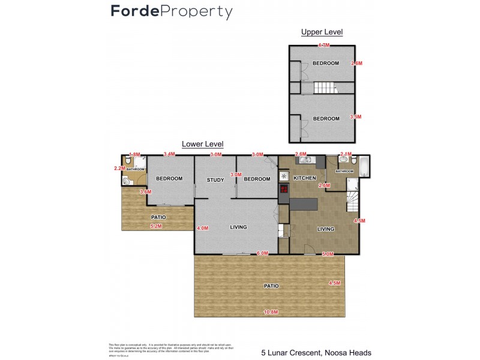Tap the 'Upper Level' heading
coord(322,32)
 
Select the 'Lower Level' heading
coord(202,144)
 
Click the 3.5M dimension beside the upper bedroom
coord(356,117)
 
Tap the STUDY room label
coord(215,179)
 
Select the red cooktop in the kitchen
coord(284,190)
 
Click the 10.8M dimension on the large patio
coord(272,311)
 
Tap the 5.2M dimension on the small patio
coord(156,226)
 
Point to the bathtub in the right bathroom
coord(364,162)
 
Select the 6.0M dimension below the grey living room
coord(262,253)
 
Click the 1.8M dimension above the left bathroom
coord(134,154)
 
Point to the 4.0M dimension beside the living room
coord(202,228)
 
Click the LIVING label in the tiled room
coord(325,229)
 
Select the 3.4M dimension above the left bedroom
coord(169,154)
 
